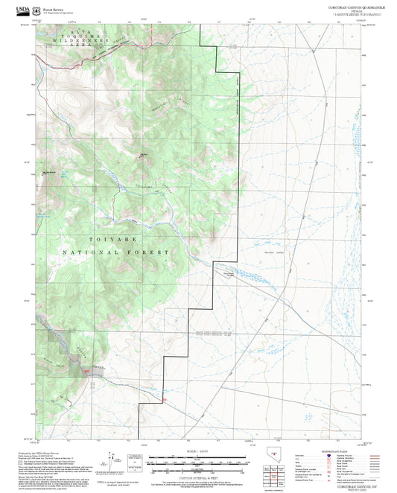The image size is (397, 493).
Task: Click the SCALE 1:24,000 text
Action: (198, 451)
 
